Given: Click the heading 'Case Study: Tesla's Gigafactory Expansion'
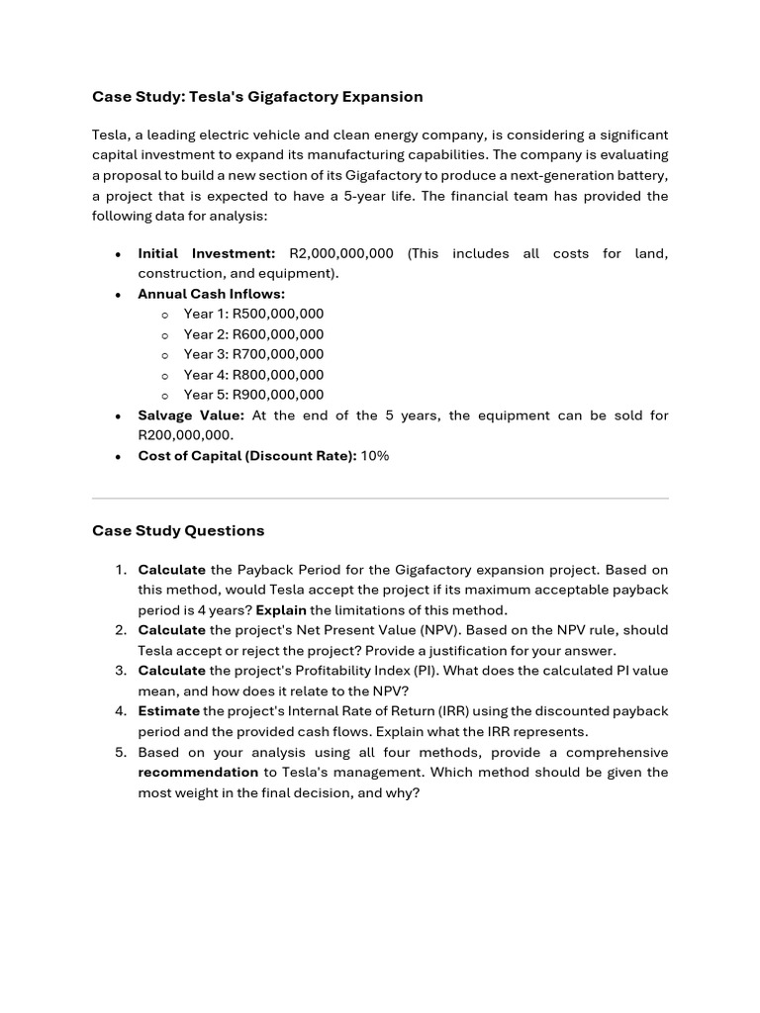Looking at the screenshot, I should tap(257, 97).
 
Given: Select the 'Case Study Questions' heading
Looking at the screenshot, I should tap(178, 530).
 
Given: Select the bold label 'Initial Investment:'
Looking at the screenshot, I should tap(206, 253).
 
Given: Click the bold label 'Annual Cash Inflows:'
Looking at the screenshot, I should tap(211, 294).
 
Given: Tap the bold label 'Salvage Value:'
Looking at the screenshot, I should tap(190, 415).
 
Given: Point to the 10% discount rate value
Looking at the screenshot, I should tap(375, 456).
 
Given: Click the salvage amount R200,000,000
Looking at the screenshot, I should tap(185, 435).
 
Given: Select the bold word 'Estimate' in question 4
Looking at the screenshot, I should tap(168, 711).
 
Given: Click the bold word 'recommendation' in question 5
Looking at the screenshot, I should tap(198, 772).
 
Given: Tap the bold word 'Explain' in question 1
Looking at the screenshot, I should tap(281, 610).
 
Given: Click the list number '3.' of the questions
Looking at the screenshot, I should tap(120, 671).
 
